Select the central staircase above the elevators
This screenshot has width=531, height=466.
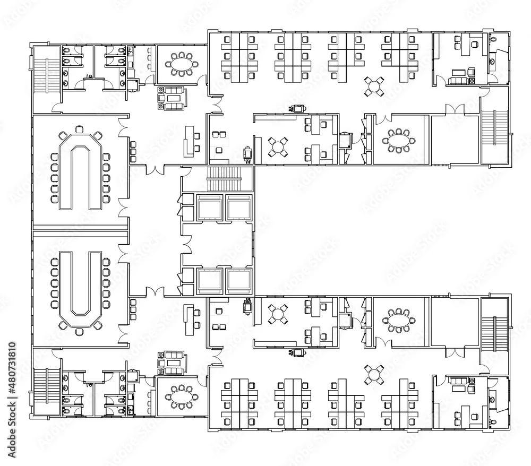pyautogui.click(x=224, y=179)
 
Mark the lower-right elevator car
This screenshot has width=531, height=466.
pyautogui.click(x=239, y=281)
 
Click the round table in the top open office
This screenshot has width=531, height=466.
pyautogui.click(x=374, y=87)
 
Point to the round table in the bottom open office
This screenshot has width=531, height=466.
pyautogui.click(x=374, y=375)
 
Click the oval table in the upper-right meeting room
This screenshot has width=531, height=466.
pyautogui.click(x=398, y=140)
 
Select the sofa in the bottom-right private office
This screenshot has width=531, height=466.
pyautogui.click(x=458, y=381)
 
